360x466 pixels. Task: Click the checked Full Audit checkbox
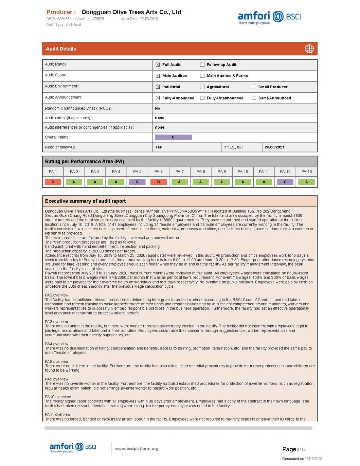[x=158, y=65]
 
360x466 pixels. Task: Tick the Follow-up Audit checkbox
[x=202, y=65]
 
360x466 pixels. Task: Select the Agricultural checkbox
[x=202, y=87]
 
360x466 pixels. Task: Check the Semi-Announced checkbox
[x=254, y=98]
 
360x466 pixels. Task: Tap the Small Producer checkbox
[x=254, y=87]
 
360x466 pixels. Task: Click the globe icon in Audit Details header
[x=309, y=49]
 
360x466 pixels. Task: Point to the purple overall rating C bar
[x=173, y=137]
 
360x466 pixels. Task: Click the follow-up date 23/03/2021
[x=274, y=147]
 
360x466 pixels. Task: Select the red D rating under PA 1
[x=53, y=182]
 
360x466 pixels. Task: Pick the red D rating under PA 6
[x=159, y=182]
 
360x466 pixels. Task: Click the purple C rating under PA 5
[x=137, y=182]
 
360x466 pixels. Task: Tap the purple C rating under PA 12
[x=285, y=182]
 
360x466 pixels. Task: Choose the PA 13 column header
[x=306, y=172]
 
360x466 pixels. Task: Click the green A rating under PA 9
[x=222, y=182]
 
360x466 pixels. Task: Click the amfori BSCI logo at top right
[x=269, y=17]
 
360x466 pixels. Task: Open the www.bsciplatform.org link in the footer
[x=136, y=449]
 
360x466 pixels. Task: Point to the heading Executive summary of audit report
[x=85, y=201]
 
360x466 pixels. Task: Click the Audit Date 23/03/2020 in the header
[x=139, y=19]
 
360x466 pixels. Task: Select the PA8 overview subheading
[x=57, y=361]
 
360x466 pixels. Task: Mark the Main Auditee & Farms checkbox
[x=202, y=76]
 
